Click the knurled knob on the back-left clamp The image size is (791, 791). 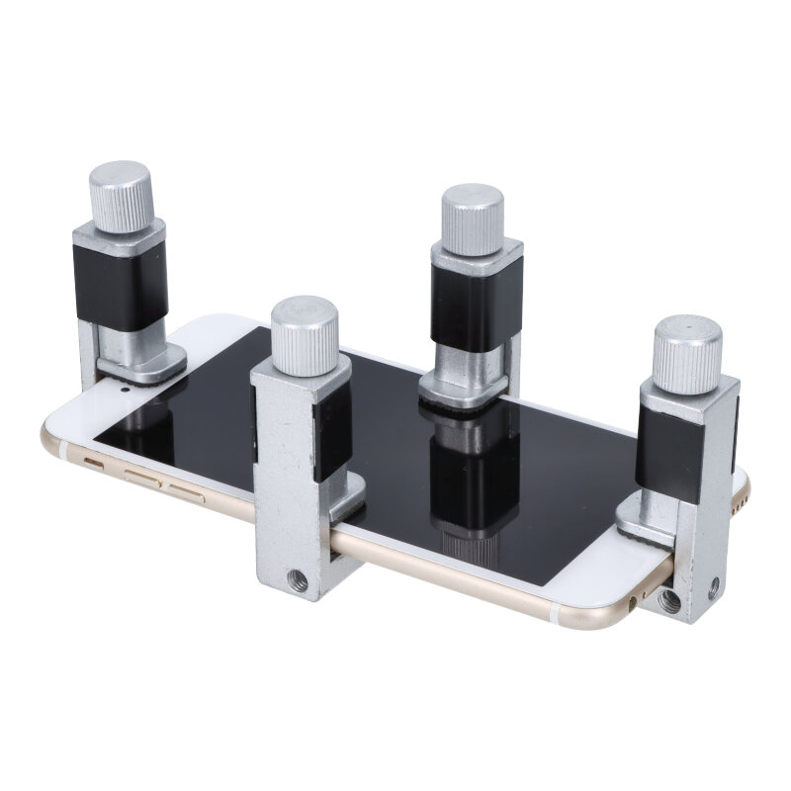point(121,196)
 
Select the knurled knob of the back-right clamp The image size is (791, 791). point(473,219)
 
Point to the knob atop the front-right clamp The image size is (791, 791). point(686,353)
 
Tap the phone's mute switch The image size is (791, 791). point(97,462)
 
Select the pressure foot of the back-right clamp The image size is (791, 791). point(465,389)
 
